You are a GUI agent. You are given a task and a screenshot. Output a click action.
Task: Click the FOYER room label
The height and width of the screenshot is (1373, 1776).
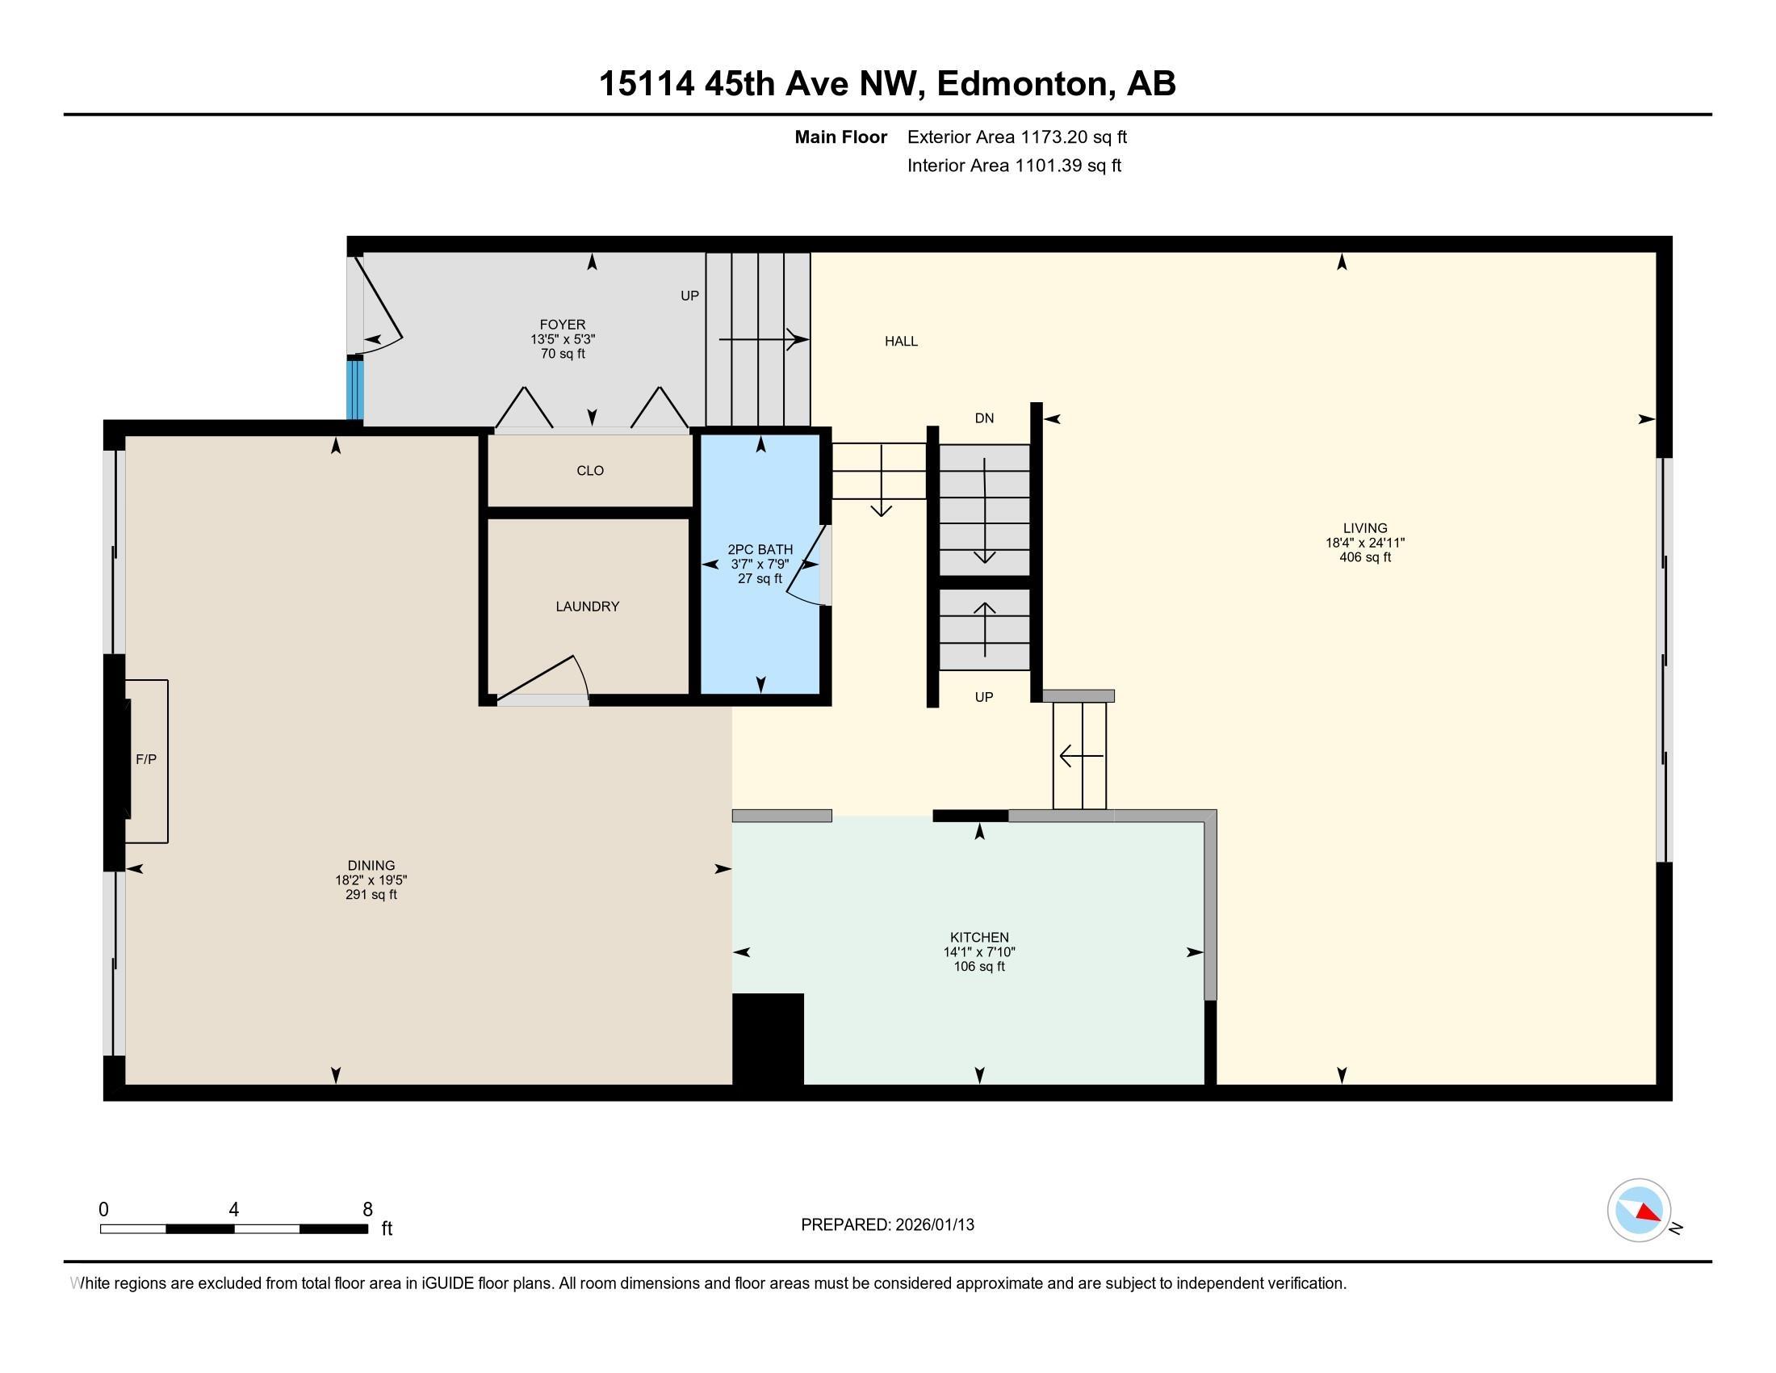click(562, 325)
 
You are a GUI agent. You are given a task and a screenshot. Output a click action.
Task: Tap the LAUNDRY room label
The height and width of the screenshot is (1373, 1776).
click(587, 606)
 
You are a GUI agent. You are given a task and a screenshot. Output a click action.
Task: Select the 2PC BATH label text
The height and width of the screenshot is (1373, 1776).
click(760, 549)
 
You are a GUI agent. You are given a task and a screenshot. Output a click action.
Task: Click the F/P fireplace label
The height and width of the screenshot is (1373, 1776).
click(146, 759)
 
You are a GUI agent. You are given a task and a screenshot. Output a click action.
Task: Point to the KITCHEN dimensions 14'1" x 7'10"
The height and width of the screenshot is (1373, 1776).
click(979, 951)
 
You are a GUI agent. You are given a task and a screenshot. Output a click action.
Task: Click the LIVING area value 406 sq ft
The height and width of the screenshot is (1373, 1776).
click(1364, 557)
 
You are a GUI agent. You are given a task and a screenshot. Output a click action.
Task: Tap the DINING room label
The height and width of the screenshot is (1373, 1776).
click(371, 866)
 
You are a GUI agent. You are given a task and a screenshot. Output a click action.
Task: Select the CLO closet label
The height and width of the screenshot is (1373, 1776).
click(589, 470)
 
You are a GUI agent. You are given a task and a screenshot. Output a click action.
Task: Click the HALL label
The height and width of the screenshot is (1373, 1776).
click(901, 341)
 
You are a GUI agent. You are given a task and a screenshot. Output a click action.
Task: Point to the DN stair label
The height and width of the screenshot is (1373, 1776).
click(984, 418)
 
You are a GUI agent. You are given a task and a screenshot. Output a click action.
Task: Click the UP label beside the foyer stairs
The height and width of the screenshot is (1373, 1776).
click(689, 296)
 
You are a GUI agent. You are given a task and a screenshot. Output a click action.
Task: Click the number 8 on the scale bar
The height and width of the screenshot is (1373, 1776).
click(367, 1209)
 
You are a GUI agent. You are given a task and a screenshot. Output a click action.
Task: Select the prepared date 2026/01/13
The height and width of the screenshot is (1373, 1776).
click(932, 1224)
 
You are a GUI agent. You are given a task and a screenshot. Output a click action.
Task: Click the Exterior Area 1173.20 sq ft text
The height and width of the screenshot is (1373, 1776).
click(1016, 136)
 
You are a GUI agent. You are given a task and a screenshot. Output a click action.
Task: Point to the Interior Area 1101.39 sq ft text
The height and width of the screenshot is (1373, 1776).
click(1014, 165)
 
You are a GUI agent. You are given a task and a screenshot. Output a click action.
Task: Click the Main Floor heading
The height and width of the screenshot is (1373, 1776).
click(840, 136)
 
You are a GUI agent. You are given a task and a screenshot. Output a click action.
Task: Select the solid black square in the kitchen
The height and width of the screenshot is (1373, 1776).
click(768, 1038)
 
